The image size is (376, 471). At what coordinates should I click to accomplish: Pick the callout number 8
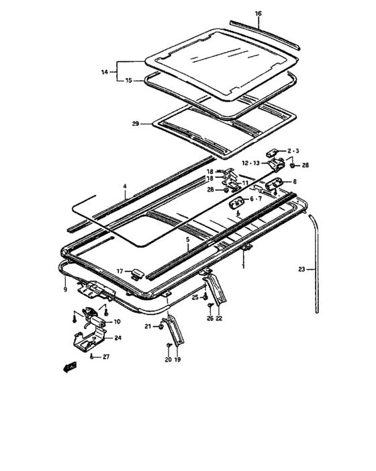pos(293,182)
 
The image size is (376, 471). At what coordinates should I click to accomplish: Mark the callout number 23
pos(301,269)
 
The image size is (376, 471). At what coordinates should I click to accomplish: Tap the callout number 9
pos(64,289)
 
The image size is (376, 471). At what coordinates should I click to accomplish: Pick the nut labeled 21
pos(159,327)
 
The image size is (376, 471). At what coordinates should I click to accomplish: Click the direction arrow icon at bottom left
pos(68,367)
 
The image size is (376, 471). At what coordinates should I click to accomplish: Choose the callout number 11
pos(245,183)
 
